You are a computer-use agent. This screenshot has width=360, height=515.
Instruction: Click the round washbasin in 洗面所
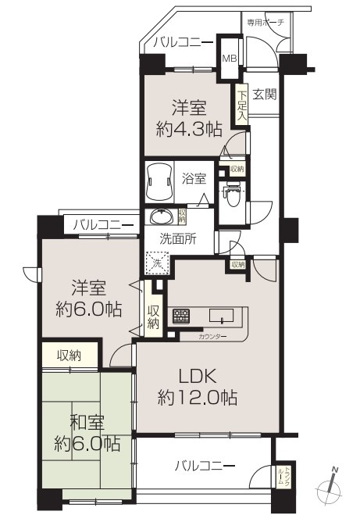(x=162, y=216)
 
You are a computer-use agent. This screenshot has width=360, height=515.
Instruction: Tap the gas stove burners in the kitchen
(x=180, y=317)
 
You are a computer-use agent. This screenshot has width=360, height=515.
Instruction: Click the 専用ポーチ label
(x=267, y=23)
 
